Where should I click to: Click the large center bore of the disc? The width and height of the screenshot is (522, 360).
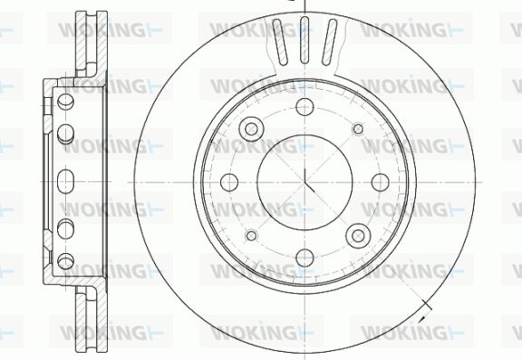click(x=304, y=182)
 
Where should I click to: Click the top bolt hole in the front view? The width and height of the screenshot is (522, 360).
click(x=304, y=107)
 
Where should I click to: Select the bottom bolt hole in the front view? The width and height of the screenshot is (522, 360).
click(x=304, y=258)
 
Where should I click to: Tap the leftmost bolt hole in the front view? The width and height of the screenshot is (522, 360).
click(x=229, y=182)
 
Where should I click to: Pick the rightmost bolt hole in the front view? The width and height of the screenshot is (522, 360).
click(x=381, y=182)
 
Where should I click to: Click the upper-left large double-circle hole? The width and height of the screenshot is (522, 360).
click(x=251, y=129)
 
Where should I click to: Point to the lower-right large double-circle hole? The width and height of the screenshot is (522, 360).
click(x=358, y=236)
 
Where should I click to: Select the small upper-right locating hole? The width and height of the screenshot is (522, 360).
click(x=358, y=129)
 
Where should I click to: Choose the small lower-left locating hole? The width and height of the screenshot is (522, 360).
click(x=251, y=236)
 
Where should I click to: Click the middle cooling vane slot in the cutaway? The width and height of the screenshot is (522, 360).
click(x=304, y=40)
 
